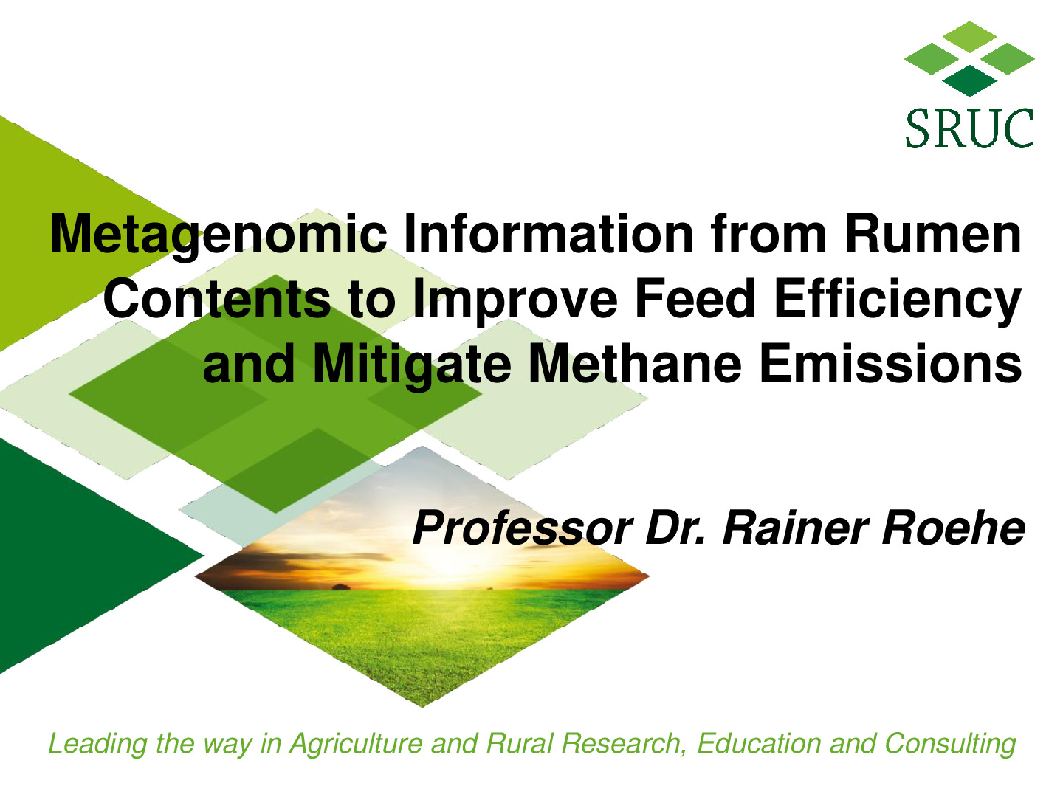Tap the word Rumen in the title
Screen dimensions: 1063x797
coord(933,234)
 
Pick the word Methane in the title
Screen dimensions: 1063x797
coord(635,363)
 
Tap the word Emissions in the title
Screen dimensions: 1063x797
coord(890,363)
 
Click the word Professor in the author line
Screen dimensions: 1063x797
coord(523,528)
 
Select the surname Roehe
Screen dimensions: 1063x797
coord(953,528)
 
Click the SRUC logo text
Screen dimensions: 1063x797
coord(969,128)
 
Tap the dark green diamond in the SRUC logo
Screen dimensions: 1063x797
coord(969,81)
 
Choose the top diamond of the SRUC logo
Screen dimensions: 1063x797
coord(969,37)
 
